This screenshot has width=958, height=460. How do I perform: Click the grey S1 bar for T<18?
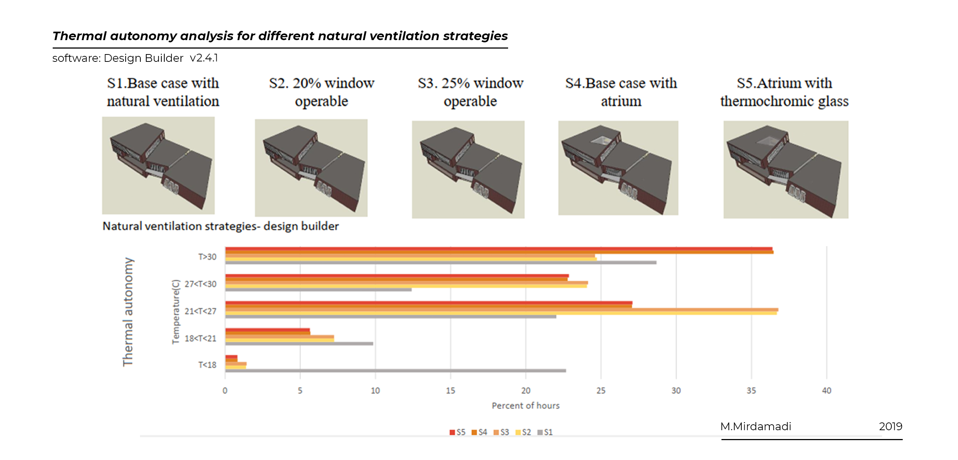pos(395,371)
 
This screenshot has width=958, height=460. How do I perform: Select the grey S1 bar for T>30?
pos(441,262)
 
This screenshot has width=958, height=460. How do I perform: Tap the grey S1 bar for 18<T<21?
pos(299,343)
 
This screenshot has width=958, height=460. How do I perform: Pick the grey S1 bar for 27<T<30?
pos(318,290)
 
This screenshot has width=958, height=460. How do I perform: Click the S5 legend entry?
pos(457,432)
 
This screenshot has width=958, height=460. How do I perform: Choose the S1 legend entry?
pos(545,432)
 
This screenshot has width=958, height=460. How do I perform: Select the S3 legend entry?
pos(501,432)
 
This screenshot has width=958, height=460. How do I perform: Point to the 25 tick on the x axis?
pos(601,390)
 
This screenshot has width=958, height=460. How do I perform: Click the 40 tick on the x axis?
pos(826,390)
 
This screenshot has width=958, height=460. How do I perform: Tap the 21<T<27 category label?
pos(200,311)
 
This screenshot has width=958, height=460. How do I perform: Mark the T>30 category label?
pos(207,257)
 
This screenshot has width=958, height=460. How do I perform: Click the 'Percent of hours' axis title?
pos(525,406)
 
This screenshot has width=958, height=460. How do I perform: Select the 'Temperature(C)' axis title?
pos(175,311)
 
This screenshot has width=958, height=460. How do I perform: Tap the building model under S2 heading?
pos(311,167)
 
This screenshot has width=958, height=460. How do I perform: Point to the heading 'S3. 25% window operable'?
pos(471,92)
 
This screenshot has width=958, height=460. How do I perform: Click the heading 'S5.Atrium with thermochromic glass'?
pos(784,92)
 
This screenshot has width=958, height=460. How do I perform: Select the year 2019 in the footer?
pos(890,426)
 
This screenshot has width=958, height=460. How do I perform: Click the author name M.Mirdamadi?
pos(756,426)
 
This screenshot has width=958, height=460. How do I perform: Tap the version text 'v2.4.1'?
pos(204,58)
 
